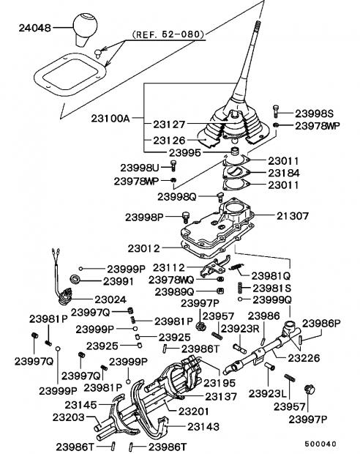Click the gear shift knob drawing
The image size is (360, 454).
[84, 29]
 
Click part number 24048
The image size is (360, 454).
[35, 28]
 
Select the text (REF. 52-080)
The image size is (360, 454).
[168, 34]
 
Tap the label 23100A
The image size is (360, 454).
[110, 119]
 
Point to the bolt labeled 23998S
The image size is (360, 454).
[275, 111]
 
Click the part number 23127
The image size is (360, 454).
[169, 124]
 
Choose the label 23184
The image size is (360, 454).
[284, 173]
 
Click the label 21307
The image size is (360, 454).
[293, 216]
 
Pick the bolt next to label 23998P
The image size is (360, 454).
[186, 217]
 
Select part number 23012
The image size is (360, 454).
[144, 248]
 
